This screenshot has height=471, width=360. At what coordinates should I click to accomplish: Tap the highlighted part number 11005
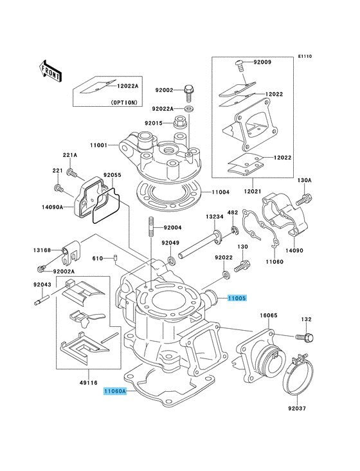point(237,299)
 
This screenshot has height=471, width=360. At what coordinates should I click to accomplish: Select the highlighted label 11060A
point(116,391)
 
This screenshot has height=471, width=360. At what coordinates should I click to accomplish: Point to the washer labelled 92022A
point(189,109)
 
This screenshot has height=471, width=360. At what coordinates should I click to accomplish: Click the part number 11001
point(98,145)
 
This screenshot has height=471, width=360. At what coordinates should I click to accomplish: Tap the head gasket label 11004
point(221,192)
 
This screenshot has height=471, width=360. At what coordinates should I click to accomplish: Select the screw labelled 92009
point(239,66)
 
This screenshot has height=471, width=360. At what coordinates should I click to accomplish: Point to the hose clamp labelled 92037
point(299,374)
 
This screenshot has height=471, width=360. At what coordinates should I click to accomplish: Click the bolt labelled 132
point(305,337)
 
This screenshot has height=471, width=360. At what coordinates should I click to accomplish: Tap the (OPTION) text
point(124,102)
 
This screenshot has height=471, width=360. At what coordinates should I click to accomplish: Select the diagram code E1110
point(305,56)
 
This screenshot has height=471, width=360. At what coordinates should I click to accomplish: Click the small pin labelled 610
point(114,258)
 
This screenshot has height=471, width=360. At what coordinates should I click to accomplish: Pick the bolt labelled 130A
point(304,199)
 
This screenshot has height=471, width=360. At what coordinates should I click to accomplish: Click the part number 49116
point(89,382)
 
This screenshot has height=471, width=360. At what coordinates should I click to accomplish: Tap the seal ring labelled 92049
point(172,260)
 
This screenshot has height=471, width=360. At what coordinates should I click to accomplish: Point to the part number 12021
point(252,191)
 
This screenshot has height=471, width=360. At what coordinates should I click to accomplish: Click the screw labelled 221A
point(71,172)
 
